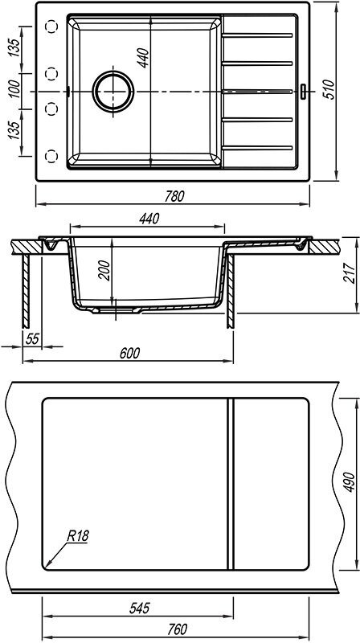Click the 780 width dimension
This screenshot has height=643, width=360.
(174, 196)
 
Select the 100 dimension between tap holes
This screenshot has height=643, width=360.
(14, 89)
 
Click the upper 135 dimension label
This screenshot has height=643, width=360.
(14, 48)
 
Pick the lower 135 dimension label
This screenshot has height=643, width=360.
(14, 130)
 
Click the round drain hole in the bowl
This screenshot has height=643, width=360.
(113, 92)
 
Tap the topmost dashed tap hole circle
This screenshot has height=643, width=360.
(51, 27)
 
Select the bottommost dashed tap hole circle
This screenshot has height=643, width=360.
(51, 156)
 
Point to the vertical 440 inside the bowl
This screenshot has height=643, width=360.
(143, 58)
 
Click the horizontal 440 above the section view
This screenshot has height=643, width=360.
(149, 219)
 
